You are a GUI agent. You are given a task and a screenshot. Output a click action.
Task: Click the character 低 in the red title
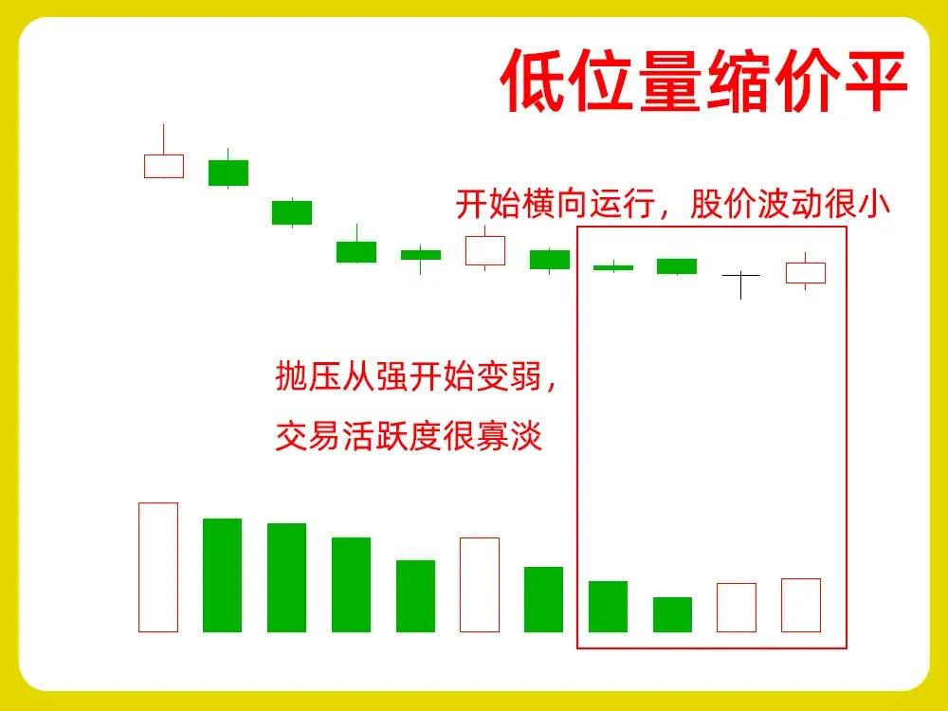[x=534, y=80]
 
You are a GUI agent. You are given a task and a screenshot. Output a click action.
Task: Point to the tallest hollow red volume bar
[x=158, y=567]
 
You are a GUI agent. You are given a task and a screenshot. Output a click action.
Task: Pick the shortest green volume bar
[x=672, y=614]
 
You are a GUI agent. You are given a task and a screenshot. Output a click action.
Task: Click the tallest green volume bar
[x=223, y=575]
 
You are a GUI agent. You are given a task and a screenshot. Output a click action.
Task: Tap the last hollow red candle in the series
[x=805, y=273]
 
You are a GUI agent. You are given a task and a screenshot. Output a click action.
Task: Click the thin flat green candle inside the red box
[x=613, y=267]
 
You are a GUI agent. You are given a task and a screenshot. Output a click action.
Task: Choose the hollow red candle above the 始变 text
[x=484, y=250]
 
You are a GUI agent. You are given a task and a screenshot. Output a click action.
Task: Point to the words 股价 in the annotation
[x=722, y=204]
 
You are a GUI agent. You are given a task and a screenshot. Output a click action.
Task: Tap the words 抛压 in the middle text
[x=308, y=376]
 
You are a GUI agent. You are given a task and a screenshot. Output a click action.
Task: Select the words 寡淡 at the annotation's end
[x=508, y=436]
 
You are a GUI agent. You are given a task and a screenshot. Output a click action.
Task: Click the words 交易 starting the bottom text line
[x=308, y=436]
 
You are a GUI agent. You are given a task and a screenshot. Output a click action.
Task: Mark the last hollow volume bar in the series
[x=801, y=605]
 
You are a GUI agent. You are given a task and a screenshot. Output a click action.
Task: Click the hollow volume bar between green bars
[x=480, y=585]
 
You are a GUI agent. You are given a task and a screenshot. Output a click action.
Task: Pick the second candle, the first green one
[x=228, y=173]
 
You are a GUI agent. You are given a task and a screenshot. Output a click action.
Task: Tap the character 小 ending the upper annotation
[x=874, y=204]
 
